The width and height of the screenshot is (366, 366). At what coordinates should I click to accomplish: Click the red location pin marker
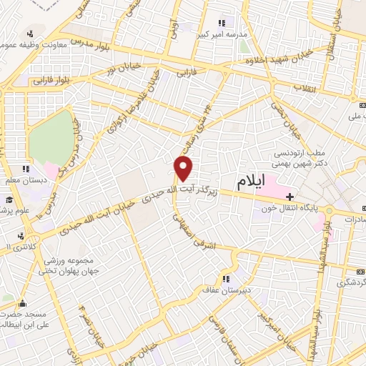coord(184,169)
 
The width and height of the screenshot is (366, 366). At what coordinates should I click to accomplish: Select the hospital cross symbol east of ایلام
coord(289,196)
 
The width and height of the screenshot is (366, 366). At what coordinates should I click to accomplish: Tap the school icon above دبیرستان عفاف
coord(226,279)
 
